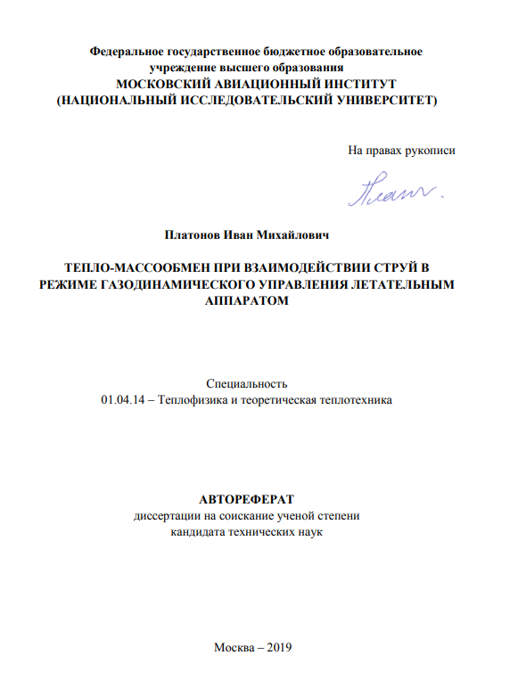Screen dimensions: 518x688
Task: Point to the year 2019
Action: coord(278,647)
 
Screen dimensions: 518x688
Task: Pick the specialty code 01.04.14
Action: coord(120,401)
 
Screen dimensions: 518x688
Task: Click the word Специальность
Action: coord(246,384)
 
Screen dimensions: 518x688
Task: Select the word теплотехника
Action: coord(352,401)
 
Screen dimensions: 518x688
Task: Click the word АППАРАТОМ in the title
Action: coord(247,302)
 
